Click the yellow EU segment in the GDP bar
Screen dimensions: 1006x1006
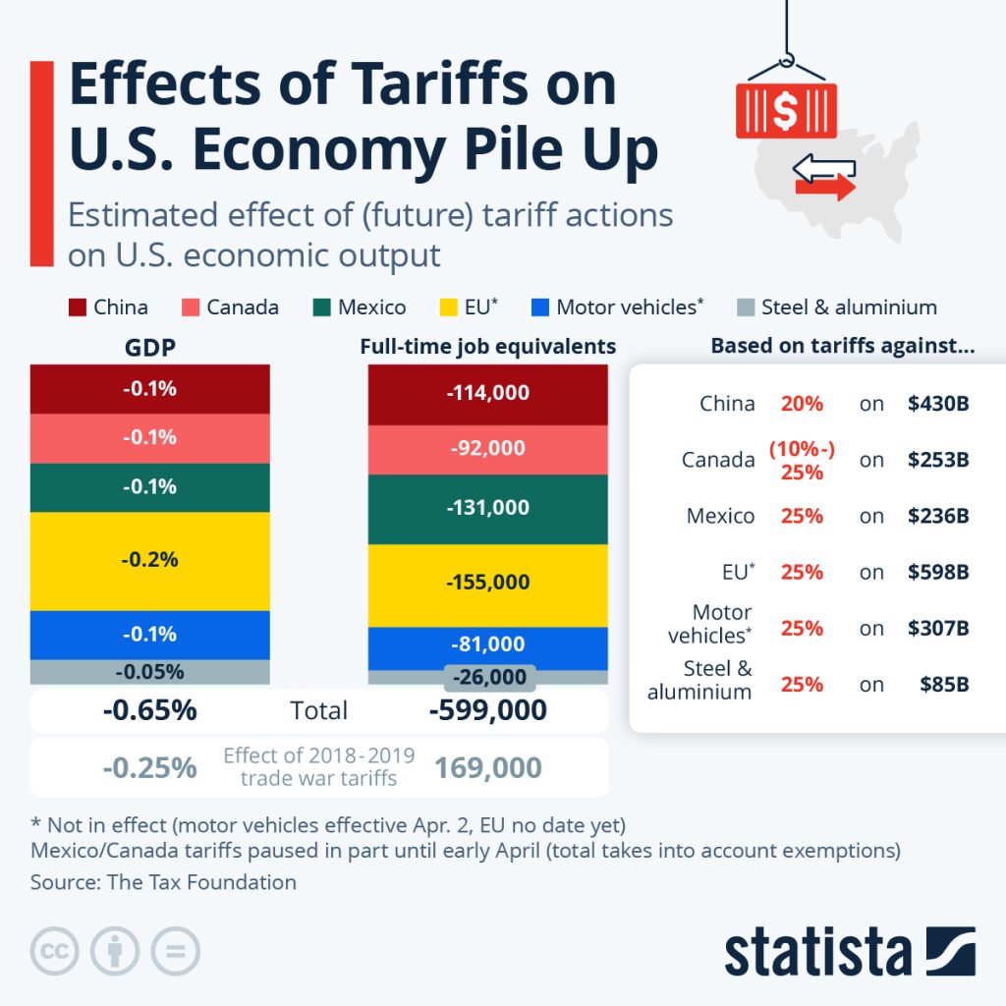pos(149,560)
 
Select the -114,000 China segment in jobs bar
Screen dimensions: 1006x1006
pos(488,393)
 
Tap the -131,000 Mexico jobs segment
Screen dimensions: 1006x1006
pos(488,508)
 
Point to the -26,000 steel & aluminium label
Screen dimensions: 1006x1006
pos(490,677)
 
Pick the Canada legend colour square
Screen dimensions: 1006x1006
pos(190,307)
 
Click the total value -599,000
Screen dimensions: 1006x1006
pos(488,710)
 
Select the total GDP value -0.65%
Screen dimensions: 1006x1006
pos(149,710)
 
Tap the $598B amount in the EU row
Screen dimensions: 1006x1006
pos(938,572)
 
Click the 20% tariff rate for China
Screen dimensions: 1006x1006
pos(802,404)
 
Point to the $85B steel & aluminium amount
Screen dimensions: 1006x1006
pos(944,684)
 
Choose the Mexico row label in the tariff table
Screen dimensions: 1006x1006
pos(720,516)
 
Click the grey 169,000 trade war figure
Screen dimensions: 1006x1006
pos(488,767)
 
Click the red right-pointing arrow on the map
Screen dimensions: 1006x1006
pos(826,188)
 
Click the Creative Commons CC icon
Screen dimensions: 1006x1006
pos(55,951)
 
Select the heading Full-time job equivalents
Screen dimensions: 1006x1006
pos(488,346)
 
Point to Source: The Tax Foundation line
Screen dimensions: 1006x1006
pos(163,881)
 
